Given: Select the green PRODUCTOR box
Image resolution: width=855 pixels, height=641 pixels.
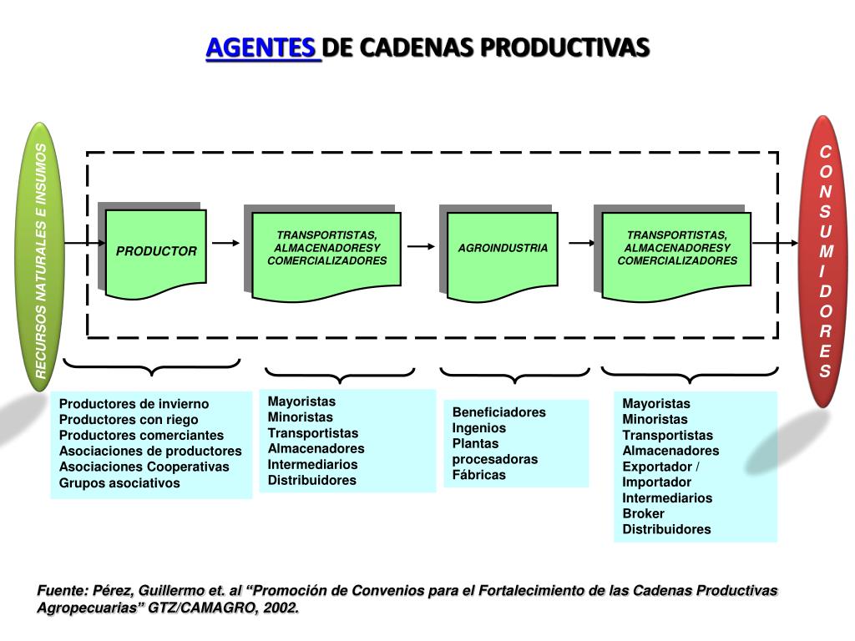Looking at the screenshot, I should [x=156, y=251].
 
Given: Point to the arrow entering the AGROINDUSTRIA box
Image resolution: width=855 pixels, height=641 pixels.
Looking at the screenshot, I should [x=421, y=246].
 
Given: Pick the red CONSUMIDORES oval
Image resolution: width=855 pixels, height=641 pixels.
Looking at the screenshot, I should [x=824, y=260].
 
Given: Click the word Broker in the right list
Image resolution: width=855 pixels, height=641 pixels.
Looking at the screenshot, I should [x=644, y=513].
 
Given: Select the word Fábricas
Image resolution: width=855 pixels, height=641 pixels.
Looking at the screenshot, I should [x=479, y=475].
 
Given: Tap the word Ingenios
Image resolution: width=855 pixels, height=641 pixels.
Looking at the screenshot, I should [x=479, y=427].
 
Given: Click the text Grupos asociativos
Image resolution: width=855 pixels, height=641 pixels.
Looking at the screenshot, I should [x=119, y=482].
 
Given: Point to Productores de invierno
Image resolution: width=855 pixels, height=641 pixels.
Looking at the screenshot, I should [x=134, y=404].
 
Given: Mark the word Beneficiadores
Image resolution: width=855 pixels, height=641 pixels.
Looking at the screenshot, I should [x=499, y=411].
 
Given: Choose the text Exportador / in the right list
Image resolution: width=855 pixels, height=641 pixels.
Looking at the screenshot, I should [x=661, y=466].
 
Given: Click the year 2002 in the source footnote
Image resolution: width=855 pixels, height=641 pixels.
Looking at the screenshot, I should [x=280, y=608].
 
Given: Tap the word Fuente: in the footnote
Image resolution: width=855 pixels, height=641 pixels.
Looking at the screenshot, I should [x=63, y=591].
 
